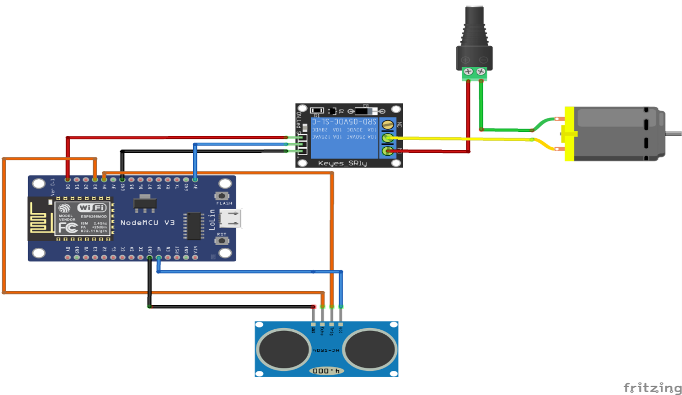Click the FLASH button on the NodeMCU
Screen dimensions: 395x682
coord(223,196)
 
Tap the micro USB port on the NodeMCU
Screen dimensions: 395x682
coord(232,219)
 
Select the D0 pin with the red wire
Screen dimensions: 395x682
coord(67,179)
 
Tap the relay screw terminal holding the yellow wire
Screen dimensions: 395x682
coord(387,138)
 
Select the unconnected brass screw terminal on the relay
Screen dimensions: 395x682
coord(387,124)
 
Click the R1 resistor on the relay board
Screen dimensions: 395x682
coord(317,111)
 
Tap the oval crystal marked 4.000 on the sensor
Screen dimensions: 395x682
coord(327,371)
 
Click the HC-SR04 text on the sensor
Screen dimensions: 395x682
coord(327,350)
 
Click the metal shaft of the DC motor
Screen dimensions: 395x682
coord(673,133)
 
